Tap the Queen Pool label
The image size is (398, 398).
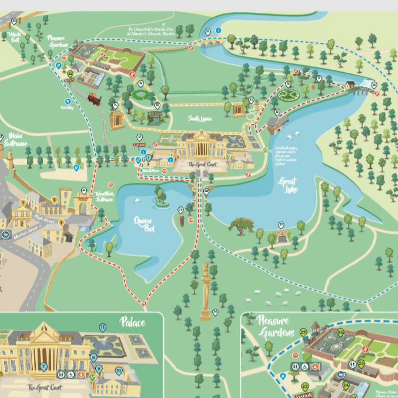[x=144, y=224]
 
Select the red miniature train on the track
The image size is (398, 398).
[x=94, y=99]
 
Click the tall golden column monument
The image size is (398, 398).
[x=206, y=292]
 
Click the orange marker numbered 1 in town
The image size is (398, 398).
[x=23, y=202]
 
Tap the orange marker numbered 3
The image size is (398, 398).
[x=61, y=222]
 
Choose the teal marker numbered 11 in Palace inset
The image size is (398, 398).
[x=102, y=328]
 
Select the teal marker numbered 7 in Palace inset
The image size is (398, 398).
[x=44, y=366]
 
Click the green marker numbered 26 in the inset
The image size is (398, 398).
[x=340, y=333]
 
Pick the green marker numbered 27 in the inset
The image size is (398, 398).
[x=304, y=332]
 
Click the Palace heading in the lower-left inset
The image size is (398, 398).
[x=133, y=322]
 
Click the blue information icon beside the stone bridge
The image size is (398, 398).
[x=218, y=30]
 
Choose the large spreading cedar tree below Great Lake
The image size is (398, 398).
[x=241, y=225]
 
